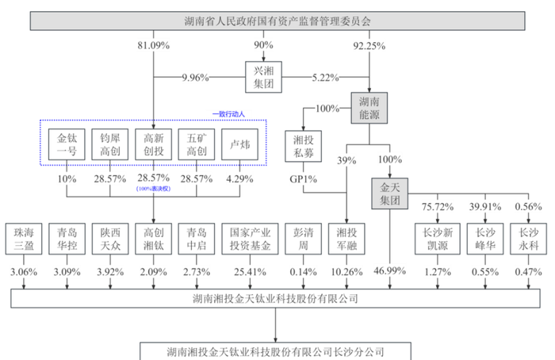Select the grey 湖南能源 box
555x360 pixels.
[x=370, y=108]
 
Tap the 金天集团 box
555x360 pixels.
[x=389, y=194]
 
